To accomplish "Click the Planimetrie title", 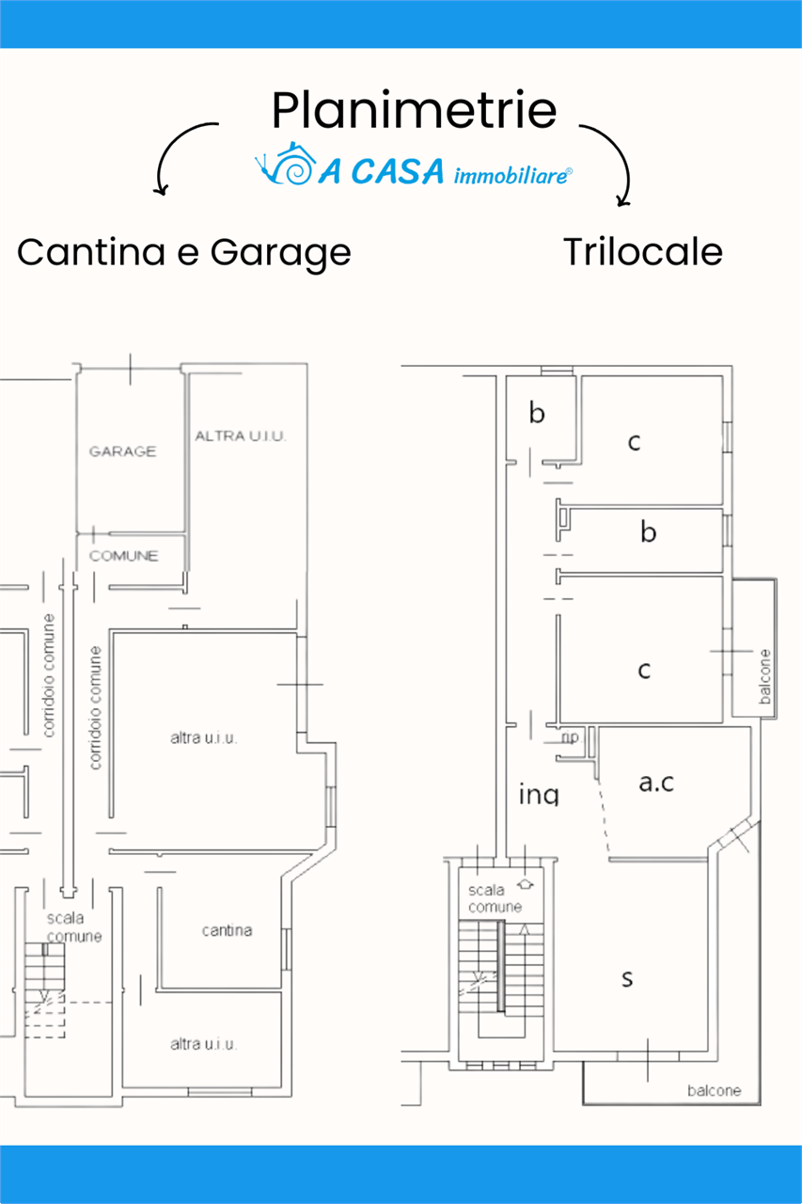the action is (x=414, y=110).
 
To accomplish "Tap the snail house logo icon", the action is (x=285, y=164).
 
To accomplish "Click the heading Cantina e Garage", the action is (x=184, y=253).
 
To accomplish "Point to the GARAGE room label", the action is (x=122, y=451).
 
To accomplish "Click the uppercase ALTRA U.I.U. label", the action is (x=240, y=436).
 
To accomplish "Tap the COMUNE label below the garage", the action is (x=123, y=555).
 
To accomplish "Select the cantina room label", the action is (x=227, y=930).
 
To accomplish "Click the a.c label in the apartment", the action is (x=656, y=783).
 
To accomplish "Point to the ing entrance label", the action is (x=539, y=795).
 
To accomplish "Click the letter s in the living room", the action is (x=627, y=979).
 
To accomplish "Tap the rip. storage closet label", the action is (x=571, y=737).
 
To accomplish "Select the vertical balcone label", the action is (x=765, y=676).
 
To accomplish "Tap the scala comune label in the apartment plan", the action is (x=495, y=898).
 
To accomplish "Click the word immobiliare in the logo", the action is (x=511, y=176).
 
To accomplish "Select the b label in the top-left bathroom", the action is (x=537, y=413).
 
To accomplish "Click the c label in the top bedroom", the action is (x=634, y=442).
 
